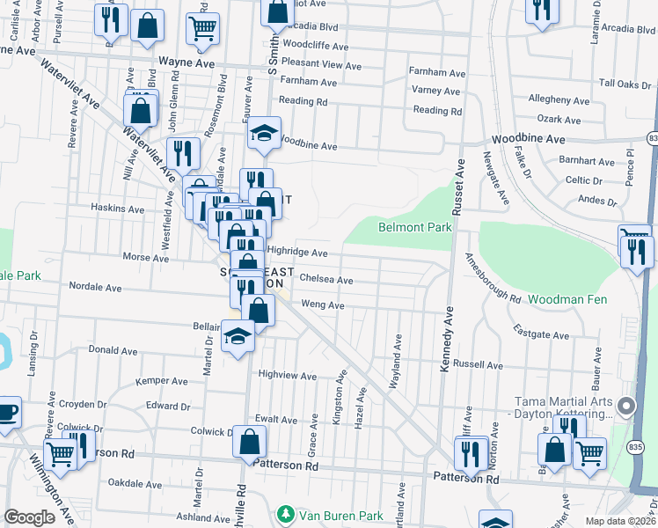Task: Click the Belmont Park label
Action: [414, 227]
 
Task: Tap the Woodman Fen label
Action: [568, 300]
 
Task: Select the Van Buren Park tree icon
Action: [284, 513]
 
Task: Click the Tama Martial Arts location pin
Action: [626, 406]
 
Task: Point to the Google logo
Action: [29, 517]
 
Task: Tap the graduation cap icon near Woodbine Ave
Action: [263, 133]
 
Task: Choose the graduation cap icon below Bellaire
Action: [237, 338]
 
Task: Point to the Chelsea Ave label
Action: [326, 280]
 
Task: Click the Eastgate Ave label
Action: [544, 335]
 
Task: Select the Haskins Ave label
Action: [117, 209]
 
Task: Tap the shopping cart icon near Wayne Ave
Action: [202, 28]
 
